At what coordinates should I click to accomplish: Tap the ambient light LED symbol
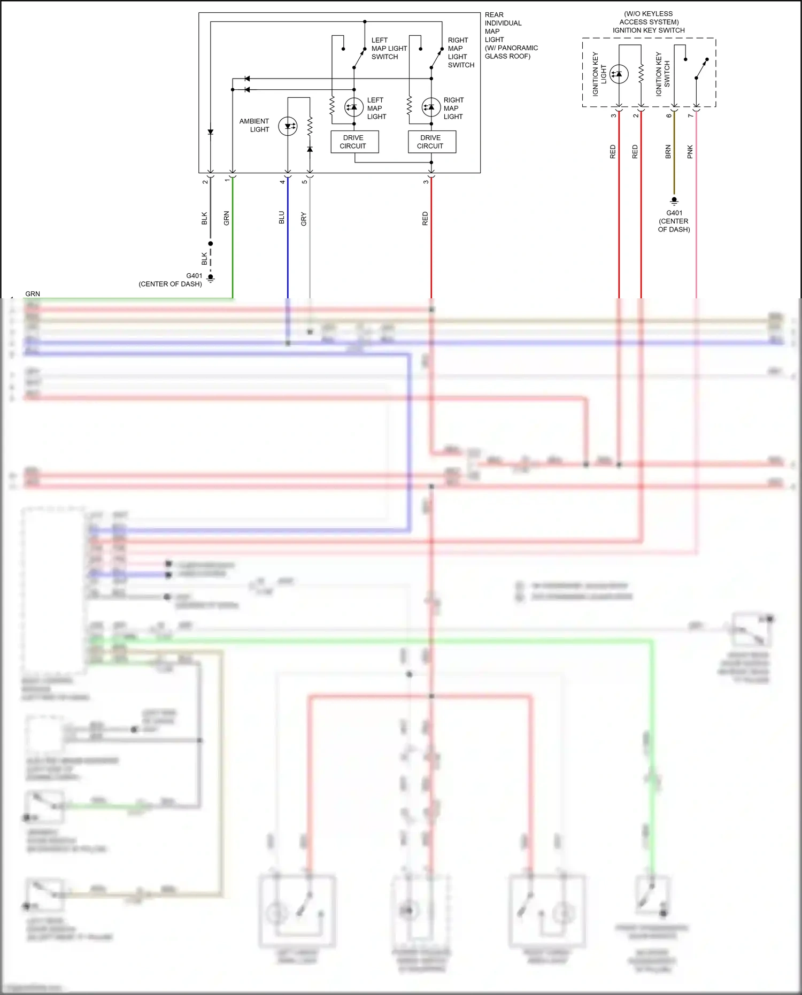click(288, 126)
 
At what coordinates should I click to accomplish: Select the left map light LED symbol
click(353, 107)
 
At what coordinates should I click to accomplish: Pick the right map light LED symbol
click(431, 107)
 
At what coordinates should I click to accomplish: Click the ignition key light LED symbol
click(619, 74)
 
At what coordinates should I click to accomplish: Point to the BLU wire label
click(282, 218)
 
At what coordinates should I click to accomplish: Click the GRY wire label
click(304, 219)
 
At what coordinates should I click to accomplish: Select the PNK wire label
click(690, 152)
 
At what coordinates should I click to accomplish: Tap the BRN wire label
click(668, 152)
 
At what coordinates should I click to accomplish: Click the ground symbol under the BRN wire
click(674, 202)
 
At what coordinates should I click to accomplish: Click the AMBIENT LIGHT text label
click(255, 125)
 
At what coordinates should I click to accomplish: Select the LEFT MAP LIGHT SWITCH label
click(389, 48)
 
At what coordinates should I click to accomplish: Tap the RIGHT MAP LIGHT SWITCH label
click(460, 52)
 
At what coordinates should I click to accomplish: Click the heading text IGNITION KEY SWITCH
click(649, 30)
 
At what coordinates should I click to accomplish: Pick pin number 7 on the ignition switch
click(690, 115)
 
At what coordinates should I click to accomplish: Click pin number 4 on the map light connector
click(282, 182)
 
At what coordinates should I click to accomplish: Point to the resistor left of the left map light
click(332, 105)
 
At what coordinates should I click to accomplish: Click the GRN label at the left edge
click(33, 294)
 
